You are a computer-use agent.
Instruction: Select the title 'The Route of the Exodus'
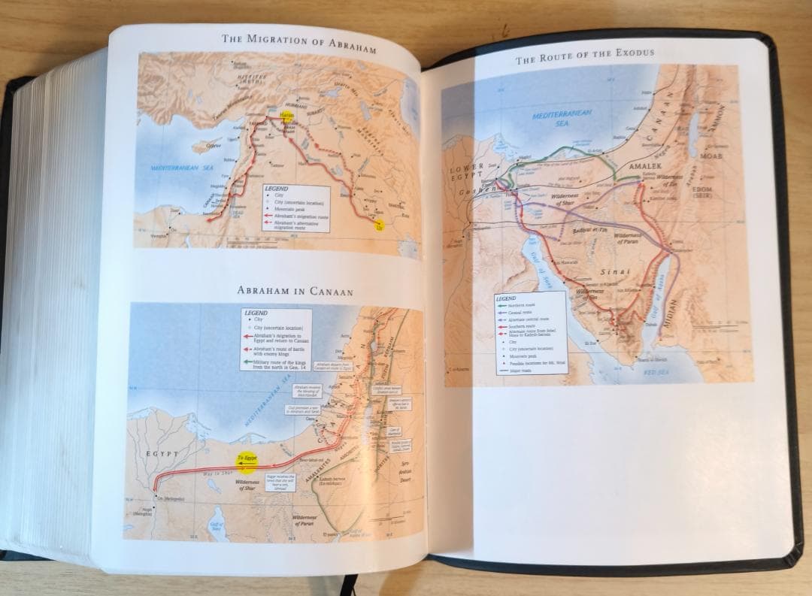tap(584, 54)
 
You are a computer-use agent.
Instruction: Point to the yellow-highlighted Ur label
tap(379, 225)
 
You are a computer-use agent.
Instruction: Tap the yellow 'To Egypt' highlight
tap(245, 459)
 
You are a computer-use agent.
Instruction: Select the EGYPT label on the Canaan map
tap(162, 454)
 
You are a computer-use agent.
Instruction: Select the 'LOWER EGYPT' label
tap(467, 174)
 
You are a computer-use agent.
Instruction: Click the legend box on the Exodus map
tap(529, 331)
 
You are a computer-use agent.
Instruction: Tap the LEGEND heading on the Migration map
tap(277, 189)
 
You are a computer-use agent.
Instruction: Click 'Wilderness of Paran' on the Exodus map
tap(629, 238)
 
